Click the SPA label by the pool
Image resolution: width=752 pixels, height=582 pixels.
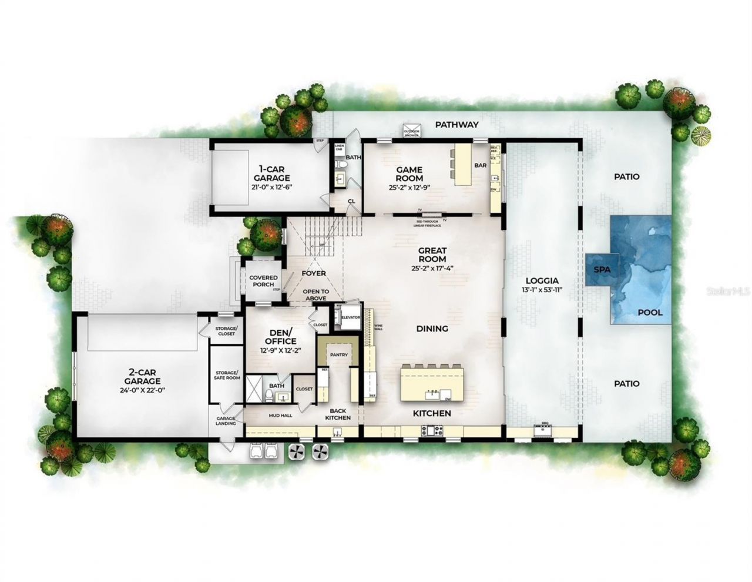tap(602, 270)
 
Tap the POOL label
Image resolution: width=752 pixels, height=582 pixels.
tap(650, 312)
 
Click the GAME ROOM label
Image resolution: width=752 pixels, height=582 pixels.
tap(409, 174)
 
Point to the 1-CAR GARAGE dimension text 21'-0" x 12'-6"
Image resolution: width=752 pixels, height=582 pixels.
tap(271, 186)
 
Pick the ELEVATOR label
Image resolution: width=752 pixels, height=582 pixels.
tap(351, 317)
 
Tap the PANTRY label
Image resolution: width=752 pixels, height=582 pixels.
tap(339, 354)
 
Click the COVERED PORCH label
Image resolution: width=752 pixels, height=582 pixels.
tap(263, 281)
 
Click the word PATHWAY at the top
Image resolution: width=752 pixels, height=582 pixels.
tap(457, 125)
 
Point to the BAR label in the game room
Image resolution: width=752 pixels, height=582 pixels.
tap(480, 166)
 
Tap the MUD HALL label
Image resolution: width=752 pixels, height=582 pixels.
tap(280, 415)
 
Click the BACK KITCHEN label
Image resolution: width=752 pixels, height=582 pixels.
tap(339, 414)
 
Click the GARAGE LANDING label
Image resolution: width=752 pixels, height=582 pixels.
tap(226, 420)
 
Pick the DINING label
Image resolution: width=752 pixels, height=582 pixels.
tap(432, 329)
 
